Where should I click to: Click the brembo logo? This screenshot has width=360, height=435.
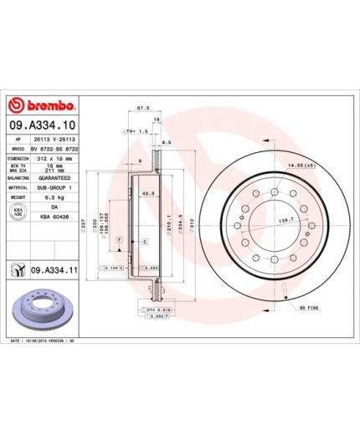[x=41, y=106]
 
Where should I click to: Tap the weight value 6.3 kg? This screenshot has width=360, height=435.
[x=54, y=198]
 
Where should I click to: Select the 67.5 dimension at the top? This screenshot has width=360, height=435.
[x=142, y=109]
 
